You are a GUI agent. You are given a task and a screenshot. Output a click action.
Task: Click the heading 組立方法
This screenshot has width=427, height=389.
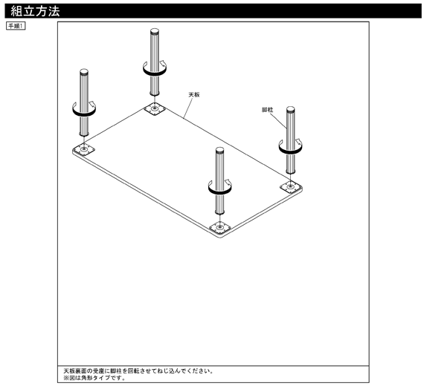[x=35, y=11]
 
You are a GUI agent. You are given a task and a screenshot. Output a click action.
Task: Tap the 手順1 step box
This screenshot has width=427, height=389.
[x=16, y=26]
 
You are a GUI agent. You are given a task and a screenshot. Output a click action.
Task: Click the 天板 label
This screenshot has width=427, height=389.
[x=194, y=94]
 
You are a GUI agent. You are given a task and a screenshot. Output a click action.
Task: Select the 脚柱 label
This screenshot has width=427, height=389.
[x=267, y=110]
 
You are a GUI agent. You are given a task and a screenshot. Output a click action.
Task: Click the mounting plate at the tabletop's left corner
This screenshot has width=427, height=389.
[x=84, y=149]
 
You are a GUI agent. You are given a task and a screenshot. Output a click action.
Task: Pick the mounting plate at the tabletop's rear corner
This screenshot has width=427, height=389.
[x=155, y=109]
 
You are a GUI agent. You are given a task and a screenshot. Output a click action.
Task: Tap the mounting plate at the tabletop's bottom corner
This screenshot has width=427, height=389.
[x=219, y=226]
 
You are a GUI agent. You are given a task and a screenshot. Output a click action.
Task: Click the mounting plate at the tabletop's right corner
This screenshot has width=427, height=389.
[x=291, y=186]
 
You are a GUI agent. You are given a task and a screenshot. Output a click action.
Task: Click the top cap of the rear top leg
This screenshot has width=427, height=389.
[x=155, y=30]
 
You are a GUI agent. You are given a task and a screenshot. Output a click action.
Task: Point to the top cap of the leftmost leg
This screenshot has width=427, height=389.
[x=84, y=72]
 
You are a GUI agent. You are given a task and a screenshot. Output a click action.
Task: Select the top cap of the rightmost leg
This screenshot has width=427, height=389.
[x=290, y=109]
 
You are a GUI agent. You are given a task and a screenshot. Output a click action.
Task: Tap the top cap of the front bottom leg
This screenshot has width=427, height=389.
[x=219, y=150]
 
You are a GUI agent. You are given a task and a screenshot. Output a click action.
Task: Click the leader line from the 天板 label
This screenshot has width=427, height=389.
[x=188, y=108]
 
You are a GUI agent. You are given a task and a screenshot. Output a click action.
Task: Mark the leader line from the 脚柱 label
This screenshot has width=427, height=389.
[x=278, y=120]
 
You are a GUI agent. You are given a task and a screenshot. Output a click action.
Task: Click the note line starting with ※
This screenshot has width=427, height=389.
[x=94, y=378]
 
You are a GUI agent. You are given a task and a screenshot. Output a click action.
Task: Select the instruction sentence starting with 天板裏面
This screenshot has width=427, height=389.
[x=138, y=370]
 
